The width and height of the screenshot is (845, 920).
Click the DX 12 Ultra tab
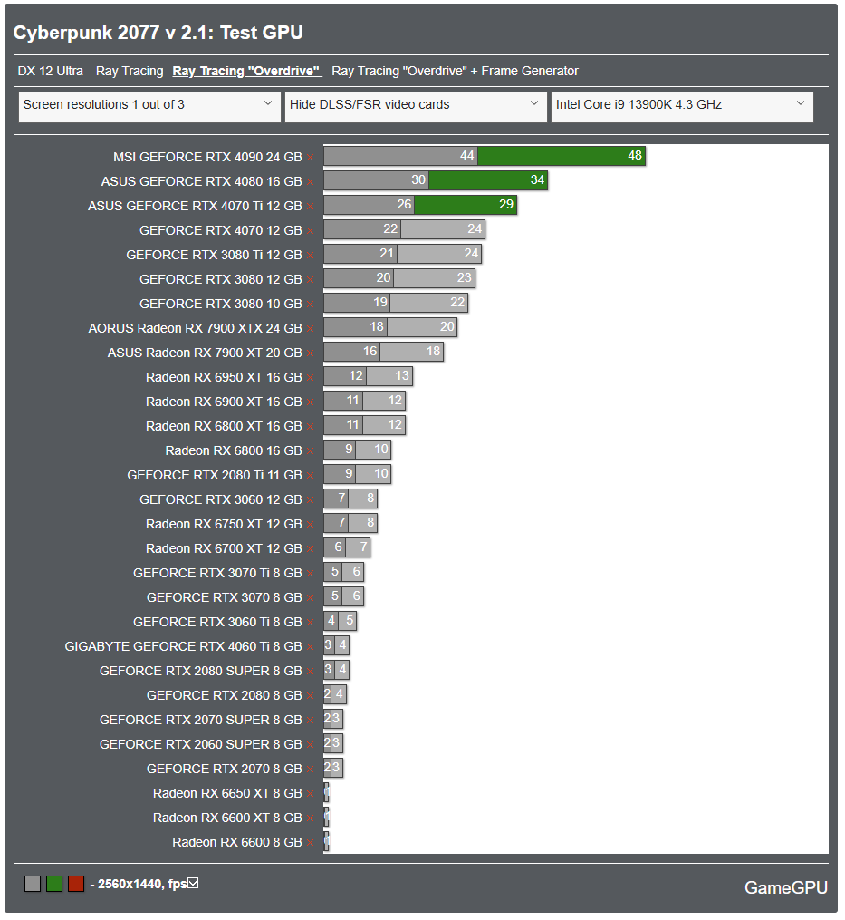click(50, 71)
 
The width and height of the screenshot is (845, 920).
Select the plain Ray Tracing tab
click(130, 71)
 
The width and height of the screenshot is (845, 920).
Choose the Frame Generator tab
click(455, 71)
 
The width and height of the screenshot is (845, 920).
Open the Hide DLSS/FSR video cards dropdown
click(416, 105)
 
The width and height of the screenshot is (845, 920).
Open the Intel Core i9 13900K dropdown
click(681, 105)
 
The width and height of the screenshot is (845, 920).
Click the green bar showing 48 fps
click(562, 156)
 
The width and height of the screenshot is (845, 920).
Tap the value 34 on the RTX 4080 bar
click(537, 180)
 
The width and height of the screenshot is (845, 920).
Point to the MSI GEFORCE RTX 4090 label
click(207, 156)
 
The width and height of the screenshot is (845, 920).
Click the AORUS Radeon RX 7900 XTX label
click(195, 327)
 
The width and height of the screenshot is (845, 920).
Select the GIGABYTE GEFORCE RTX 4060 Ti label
click(183, 646)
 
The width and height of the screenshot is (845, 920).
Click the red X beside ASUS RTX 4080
click(310, 181)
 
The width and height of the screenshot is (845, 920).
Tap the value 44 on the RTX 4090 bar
click(467, 156)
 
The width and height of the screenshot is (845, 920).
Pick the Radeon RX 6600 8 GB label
click(237, 842)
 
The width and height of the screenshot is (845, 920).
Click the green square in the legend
click(54, 884)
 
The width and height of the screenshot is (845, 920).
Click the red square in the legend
click(76, 884)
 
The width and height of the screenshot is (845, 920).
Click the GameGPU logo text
click(785, 887)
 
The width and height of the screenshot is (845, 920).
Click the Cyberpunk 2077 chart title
click(158, 33)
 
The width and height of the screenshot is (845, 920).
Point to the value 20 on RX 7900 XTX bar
click(447, 327)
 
